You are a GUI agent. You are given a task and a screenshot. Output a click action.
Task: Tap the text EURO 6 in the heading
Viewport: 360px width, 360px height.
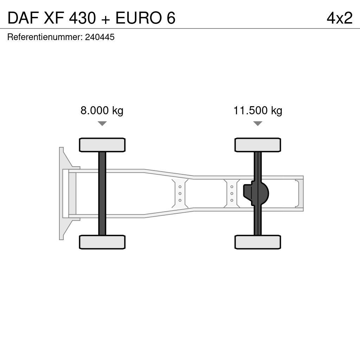(x=145, y=18)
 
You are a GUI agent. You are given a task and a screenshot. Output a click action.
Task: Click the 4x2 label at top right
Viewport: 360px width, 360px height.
(x=339, y=18)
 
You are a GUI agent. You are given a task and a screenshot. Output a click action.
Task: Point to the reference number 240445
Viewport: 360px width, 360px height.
(x=100, y=37)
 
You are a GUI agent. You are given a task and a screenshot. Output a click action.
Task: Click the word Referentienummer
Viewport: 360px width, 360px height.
(x=44, y=37)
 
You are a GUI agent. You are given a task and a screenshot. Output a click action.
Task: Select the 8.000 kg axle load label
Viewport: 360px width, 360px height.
(x=102, y=111)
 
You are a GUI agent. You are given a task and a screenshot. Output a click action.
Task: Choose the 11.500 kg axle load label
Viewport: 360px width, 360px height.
(x=258, y=111)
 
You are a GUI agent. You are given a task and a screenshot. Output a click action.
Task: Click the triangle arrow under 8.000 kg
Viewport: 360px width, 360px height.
(x=102, y=123)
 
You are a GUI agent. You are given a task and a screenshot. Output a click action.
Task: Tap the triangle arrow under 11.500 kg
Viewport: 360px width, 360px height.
(x=258, y=123)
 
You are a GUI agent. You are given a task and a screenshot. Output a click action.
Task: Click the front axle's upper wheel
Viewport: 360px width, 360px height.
(x=102, y=145)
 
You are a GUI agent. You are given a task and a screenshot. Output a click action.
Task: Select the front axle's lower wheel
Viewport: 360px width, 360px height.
(x=102, y=242)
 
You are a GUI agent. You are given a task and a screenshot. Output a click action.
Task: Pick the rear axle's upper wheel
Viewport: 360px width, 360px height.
(x=258, y=145)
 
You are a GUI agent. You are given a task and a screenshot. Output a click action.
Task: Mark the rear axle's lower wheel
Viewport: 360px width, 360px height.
(x=258, y=242)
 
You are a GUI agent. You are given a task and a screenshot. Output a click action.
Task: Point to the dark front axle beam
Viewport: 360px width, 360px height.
(x=102, y=193)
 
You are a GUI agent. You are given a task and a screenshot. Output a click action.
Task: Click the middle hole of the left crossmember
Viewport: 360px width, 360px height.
(x=180, y=193)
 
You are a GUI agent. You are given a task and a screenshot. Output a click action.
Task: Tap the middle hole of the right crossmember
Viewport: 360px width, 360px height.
(x=232, y=194)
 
